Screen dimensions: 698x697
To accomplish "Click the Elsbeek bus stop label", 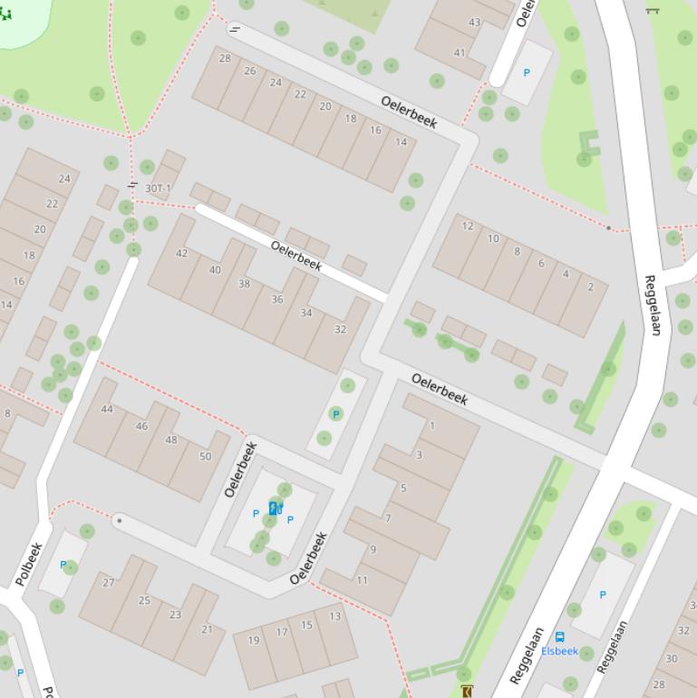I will coord(559,651).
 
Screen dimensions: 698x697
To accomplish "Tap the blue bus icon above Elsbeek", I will coord(559,637).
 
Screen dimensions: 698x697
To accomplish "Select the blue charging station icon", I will coord(275,509).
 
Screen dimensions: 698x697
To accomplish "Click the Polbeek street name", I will coord(29,564).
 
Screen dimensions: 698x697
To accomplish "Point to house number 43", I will coord(475,23).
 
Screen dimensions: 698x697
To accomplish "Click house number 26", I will coord(250,71).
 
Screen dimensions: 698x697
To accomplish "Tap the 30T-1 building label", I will coord(158,189).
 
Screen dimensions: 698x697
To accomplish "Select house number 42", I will coord(182,253).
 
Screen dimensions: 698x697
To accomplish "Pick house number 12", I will coord(468,227).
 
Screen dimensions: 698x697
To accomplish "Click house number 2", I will coord(591,287).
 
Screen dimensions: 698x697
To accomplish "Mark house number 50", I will coord(205,456).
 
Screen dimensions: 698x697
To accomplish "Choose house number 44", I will coord(107,410).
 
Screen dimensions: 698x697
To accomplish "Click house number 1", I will coord(432,425).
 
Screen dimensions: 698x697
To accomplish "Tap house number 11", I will coord(362,580).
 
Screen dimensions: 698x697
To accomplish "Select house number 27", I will coord(109,583).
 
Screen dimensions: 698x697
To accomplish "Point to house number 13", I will coord(335,616).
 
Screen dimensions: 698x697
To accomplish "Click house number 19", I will coord(254,640).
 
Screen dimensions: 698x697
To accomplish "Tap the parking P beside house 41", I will coord(528,73).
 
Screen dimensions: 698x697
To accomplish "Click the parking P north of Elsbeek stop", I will coord(603,595).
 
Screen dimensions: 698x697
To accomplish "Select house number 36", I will coord(277,299).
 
